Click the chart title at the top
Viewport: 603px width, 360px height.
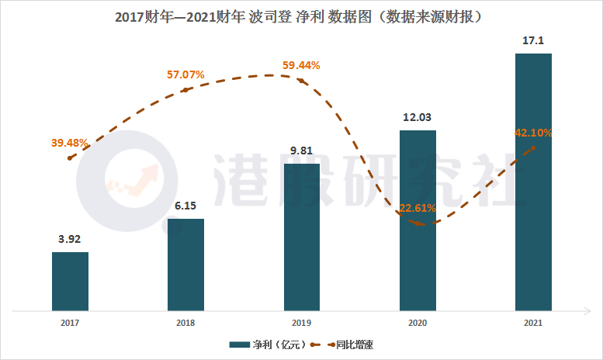[301, 16]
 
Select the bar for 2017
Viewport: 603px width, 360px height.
[70, 282]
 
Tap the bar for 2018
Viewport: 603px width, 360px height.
[185, 265]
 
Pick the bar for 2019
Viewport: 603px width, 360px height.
[301, 237]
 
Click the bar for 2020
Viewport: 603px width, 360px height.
[418, 221]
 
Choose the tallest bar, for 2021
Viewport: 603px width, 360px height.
[533, 182]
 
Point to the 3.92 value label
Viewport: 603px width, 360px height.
[70, 239]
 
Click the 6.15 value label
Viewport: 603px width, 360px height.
[185, 206]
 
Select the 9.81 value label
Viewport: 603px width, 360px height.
[301, 151]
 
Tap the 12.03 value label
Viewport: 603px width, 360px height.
[418, 118]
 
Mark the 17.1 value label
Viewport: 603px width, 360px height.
[533, 40]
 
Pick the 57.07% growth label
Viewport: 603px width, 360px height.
[185, 75]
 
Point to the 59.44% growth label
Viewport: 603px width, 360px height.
[301, 64]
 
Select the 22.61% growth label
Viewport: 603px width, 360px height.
[417, 208]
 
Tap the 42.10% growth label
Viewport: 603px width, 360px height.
[533, 133]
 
